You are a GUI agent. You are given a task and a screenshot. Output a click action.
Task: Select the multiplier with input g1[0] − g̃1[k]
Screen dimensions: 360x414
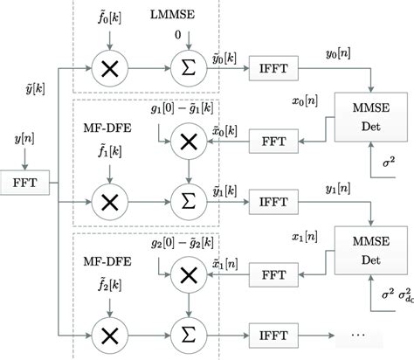pos(184,141)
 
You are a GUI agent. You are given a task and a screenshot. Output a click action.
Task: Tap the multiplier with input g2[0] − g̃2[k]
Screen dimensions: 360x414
pos(184,274)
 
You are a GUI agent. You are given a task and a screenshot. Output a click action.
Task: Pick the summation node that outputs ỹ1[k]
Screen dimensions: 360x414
pos(184,201)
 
